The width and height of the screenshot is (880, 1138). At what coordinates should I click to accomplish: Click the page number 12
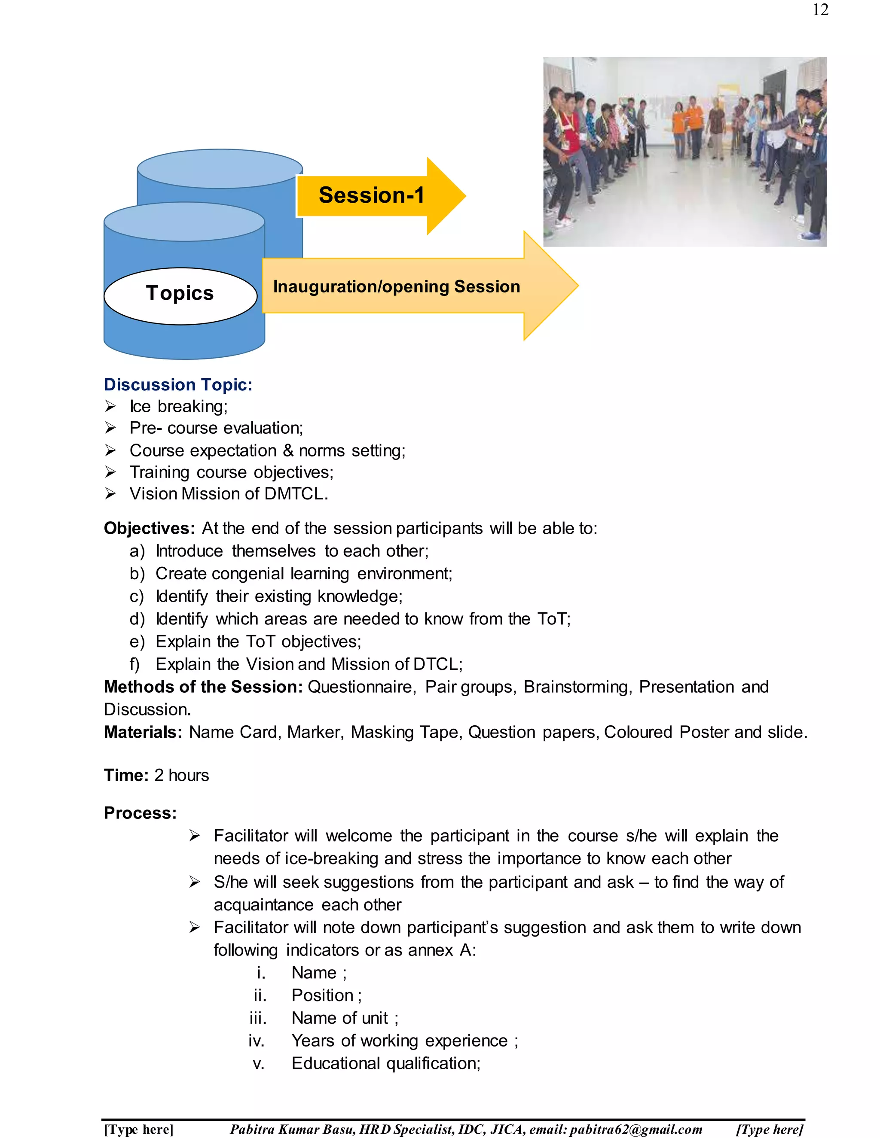(x=820, y=10)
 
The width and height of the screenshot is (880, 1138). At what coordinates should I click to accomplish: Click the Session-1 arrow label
(x=371, y=195)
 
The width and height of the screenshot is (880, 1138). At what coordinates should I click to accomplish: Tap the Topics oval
(x=180, y=293)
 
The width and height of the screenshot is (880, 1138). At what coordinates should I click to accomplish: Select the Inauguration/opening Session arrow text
(x=396, y=286)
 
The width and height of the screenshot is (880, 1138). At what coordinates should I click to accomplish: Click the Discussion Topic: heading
(x=178, y=384)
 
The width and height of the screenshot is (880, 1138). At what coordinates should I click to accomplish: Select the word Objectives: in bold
(x=149, y=528)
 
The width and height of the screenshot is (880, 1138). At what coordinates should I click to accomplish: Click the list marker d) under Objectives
(x=137, y=619)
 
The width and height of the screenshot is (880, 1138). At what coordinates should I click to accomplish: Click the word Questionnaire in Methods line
(x=362, y=687)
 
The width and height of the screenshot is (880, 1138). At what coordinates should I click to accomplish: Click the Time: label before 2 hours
(x=126, y=775)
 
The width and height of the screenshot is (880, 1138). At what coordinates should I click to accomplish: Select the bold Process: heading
(x=140, y=813)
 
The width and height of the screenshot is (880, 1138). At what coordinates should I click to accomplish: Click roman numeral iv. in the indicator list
(x=257, y=1041)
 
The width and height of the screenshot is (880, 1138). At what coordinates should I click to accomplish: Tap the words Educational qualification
(x=385, y=1063)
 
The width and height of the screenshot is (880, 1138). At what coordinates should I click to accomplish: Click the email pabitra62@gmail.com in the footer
(x=636, y=1129)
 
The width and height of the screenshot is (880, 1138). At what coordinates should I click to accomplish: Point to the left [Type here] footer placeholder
(x=138, y=1129)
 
